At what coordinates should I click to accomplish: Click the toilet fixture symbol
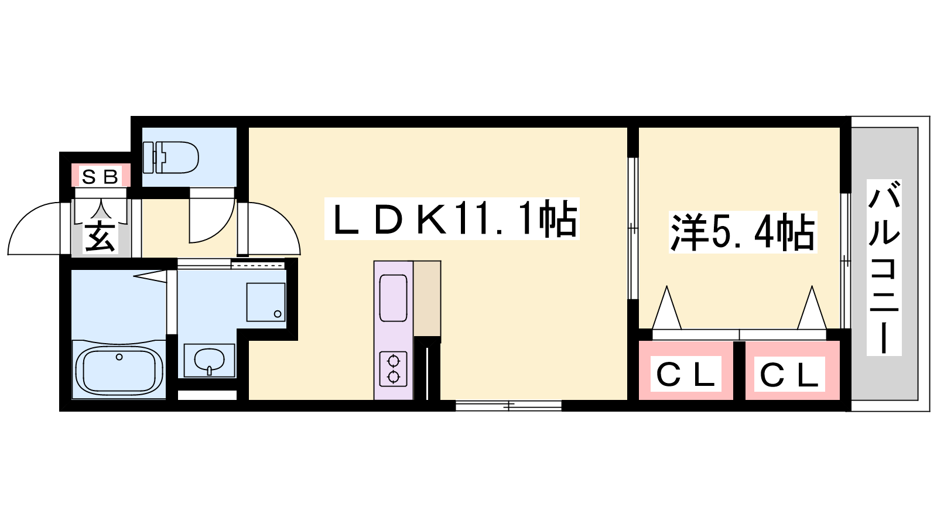click(x=170, y=158)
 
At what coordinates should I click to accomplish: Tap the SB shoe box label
click(x=100, y=177)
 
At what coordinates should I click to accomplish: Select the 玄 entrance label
click(x=100, y=238)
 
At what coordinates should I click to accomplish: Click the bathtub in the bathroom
click(x=119, y=369)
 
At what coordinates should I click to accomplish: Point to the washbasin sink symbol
click(x=209, y=360)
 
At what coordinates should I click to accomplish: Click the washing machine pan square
click(x=266, y=302)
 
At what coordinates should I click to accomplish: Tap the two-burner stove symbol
click(x=393, y=368)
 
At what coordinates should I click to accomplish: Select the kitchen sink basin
click(x=393, y=298)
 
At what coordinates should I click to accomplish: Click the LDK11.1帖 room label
click(x=452, y=219)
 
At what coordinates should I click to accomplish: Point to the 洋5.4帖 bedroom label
click(x=743, y=232)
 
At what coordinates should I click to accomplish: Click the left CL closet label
click(x=686, y=374)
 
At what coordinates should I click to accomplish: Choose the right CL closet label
click(x=789, y=374)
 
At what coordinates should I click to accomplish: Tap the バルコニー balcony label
click(x=884, y=268)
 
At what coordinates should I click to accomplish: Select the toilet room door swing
click(x=211, y=215)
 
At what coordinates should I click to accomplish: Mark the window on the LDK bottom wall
click(x=508, y=405)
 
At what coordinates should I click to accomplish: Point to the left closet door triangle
click(x=667, y=307)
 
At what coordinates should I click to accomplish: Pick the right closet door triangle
click(x=812, y=307)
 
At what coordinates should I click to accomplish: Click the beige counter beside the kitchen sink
click(x=427, y=299)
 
